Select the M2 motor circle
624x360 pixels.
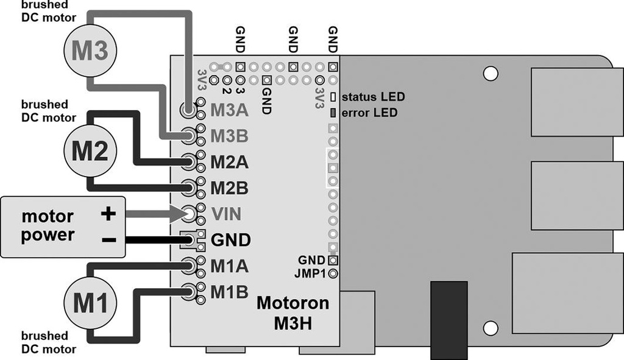pyautogui.click(x=90, y=150)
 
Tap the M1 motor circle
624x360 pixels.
pyautogui.click(x=90, y=303)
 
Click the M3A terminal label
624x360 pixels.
pyautogui.click(x=229, y=110)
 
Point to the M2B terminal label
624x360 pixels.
pyautogui.click(x=229, y=188)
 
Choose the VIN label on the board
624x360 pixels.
pyautogui.click(x=227, y=214)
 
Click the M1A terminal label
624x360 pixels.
pyautogui.click(x=229, y=266)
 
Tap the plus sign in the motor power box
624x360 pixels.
pyautogui.click(x=108, y=214)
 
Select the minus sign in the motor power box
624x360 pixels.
pyautogui.click(x=108, y=240)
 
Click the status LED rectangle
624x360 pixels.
pyautogui.click(x=333, y=97)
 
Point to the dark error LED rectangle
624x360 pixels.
pyautogui.click(x=333, y=113)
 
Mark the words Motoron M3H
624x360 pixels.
pyautogui.click(x=293, y=312)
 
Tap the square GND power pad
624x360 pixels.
pyautogui.click(x=190, y=239)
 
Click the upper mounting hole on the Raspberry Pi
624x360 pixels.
pyautogui.click(x=490, y=74)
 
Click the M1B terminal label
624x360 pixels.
pyautogui.click(x=229, y=292)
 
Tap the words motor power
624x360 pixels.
pyautogui.click(x=48, y=226)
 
